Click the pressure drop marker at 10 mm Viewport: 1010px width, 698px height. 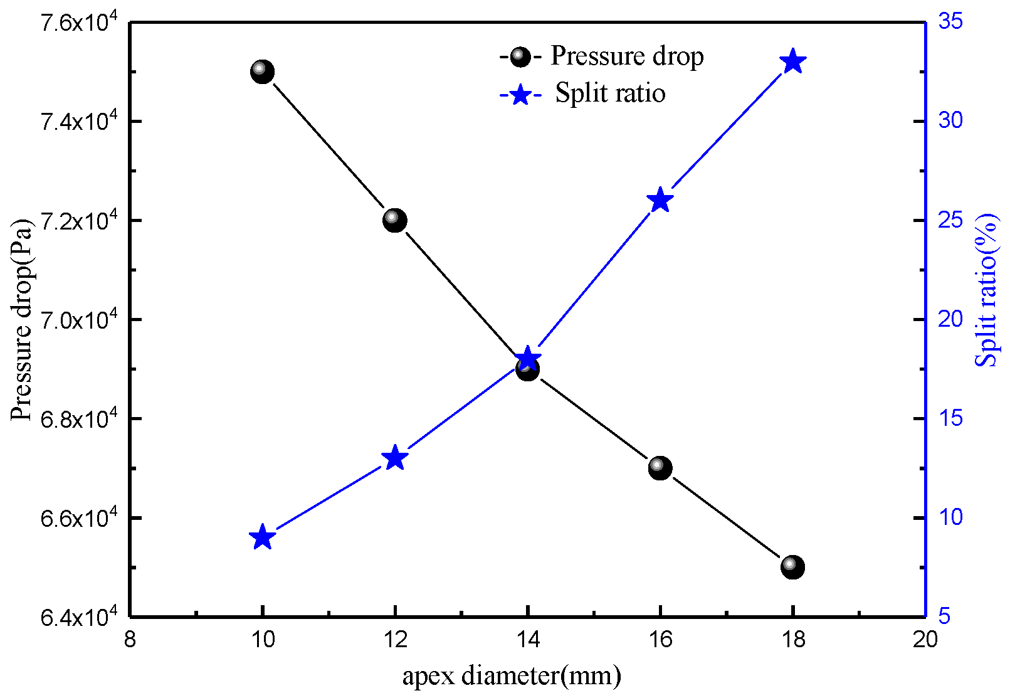(x=262, y=71)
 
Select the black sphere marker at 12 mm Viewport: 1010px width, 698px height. (x=395, y=220)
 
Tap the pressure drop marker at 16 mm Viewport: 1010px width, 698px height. (x=660, y=467)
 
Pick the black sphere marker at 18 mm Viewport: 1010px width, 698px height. (x=792, y=567)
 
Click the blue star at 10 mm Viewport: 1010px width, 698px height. (x=262, y=537)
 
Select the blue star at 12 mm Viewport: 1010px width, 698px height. (x=395, y=458)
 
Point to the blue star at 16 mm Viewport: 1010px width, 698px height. (x=660, y=200)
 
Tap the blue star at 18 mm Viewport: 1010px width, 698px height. (x=792, y=61)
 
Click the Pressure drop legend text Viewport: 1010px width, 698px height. (x=627, y=56)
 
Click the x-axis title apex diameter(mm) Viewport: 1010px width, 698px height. (x=512, y=676)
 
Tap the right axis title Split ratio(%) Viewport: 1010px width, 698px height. (x=987, y=290)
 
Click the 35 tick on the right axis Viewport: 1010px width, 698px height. (x=950, y=21)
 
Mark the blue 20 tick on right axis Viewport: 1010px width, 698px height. (x=950, y=319)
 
